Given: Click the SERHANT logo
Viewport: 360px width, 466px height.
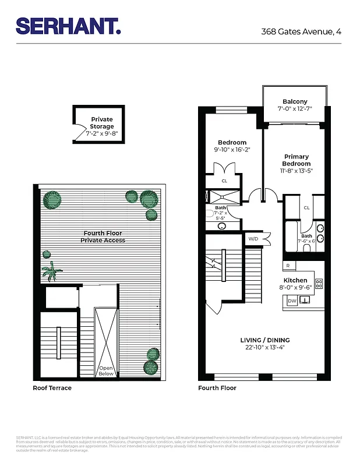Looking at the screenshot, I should [68, 26].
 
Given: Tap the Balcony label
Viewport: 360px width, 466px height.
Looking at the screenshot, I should [295, 101].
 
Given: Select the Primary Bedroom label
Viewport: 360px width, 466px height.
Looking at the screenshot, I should [297, 160].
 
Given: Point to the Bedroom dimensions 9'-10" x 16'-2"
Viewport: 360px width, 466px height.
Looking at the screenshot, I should [232, 150].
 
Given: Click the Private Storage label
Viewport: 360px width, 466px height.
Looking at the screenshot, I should [102, 123].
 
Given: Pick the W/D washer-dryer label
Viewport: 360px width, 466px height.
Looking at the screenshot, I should [253, 239].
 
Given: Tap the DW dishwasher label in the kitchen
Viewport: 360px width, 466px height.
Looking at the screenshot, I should [292, 301].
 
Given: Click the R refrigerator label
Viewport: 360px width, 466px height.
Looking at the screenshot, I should [288, 265].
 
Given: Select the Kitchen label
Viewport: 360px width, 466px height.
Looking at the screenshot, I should [295, 280].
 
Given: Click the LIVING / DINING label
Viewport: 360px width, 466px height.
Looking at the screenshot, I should [265, 340].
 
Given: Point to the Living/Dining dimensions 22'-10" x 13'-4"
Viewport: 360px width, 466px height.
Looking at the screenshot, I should [265, 348].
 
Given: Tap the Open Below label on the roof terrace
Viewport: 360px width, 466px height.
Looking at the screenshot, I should [106, 371].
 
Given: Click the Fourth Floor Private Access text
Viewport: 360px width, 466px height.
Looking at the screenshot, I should [103, 236].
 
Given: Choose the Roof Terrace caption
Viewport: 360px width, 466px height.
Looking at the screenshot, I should [52, 387].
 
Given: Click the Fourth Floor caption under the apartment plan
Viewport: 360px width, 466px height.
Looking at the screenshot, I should [217, 387].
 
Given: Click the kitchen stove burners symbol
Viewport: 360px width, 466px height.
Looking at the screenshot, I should [319, 284].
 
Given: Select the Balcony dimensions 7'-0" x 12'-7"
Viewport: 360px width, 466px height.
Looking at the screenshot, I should [295, 108].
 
